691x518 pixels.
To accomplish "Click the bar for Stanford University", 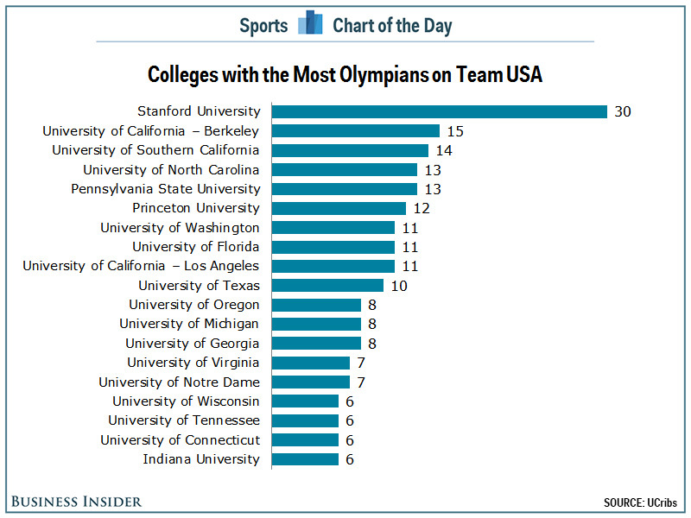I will pos(439,111).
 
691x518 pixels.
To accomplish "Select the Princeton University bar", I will pos(339,208).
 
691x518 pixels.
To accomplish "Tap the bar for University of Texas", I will pos(327,286).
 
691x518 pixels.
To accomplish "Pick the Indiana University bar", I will pos(305,459).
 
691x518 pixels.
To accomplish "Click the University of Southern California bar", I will pos(350,150).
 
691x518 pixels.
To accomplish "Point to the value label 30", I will pos(623,111).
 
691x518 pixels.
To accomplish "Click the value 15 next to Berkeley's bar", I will pos(455,131).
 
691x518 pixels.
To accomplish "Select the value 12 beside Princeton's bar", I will pos(422,208).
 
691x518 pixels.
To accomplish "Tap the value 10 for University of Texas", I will pos(398,286).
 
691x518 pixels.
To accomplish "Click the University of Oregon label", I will pos(194,305).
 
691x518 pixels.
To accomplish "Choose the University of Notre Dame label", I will pos(179,382).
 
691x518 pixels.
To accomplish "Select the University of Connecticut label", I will pos(180,440).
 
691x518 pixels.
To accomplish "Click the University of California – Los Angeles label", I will pos(141,266).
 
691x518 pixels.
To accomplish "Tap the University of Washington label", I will pos(180,228).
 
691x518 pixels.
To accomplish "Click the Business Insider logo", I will pos(77,502).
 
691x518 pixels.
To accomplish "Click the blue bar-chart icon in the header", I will pos(310,24).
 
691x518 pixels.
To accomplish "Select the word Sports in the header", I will pos(263,25).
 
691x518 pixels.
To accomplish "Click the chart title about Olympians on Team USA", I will pos(345,74).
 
